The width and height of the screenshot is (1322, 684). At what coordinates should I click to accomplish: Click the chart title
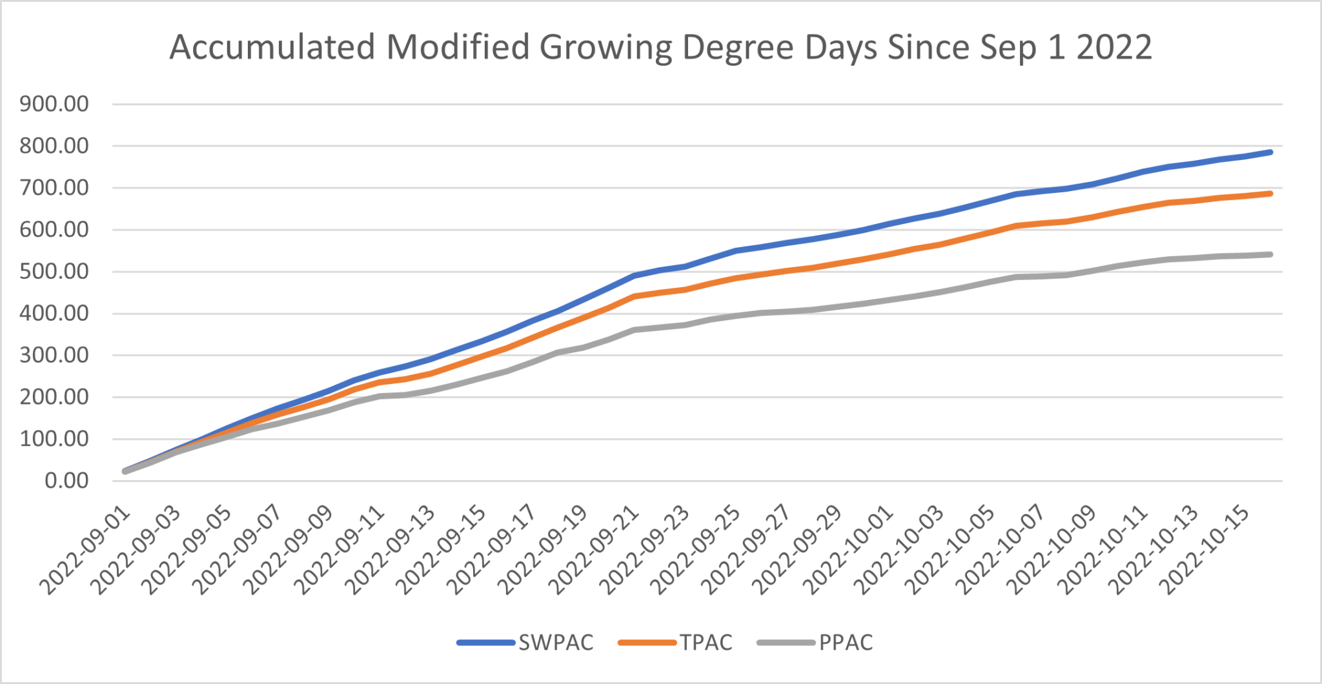tap(660, 47)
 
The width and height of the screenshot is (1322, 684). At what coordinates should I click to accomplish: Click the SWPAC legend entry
tap(555, 643)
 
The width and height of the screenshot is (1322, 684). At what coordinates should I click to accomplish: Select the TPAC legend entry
tap(706, 643)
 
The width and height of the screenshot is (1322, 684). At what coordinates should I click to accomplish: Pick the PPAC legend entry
tap(846, 643)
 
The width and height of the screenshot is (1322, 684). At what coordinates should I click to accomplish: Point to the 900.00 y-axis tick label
tap(54, 104)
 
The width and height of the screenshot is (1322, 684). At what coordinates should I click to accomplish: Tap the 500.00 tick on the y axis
tap(54, 272)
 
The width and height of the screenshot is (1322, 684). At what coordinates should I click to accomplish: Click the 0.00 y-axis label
tap(66, 481)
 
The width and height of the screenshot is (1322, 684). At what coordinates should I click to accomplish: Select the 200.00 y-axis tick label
tap(54, 397)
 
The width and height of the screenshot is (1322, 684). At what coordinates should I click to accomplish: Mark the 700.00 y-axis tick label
tap(54, 188)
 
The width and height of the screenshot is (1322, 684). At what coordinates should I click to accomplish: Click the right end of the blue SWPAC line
tap(1270, 152)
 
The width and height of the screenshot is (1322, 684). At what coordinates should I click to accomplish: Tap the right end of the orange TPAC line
tap(1270, 194)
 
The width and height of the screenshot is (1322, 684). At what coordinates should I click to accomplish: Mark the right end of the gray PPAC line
tap(1270, 254)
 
